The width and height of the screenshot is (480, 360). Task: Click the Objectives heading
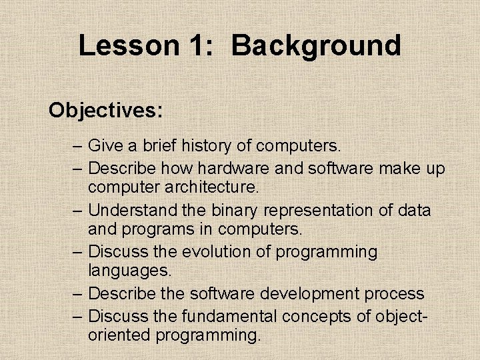(x=105, y=110)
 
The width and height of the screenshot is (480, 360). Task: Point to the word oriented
(x=120, y=334)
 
